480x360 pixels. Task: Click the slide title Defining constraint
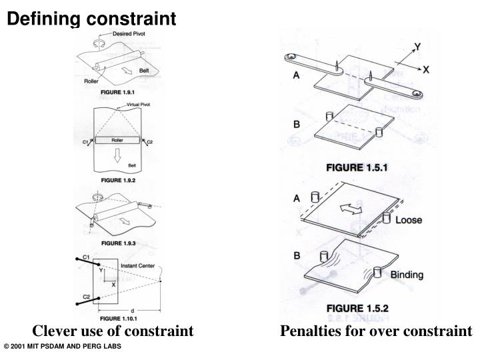92,19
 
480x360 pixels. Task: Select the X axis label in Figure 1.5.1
427,69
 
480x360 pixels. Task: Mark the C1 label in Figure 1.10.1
87,256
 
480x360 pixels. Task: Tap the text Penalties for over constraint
375,331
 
